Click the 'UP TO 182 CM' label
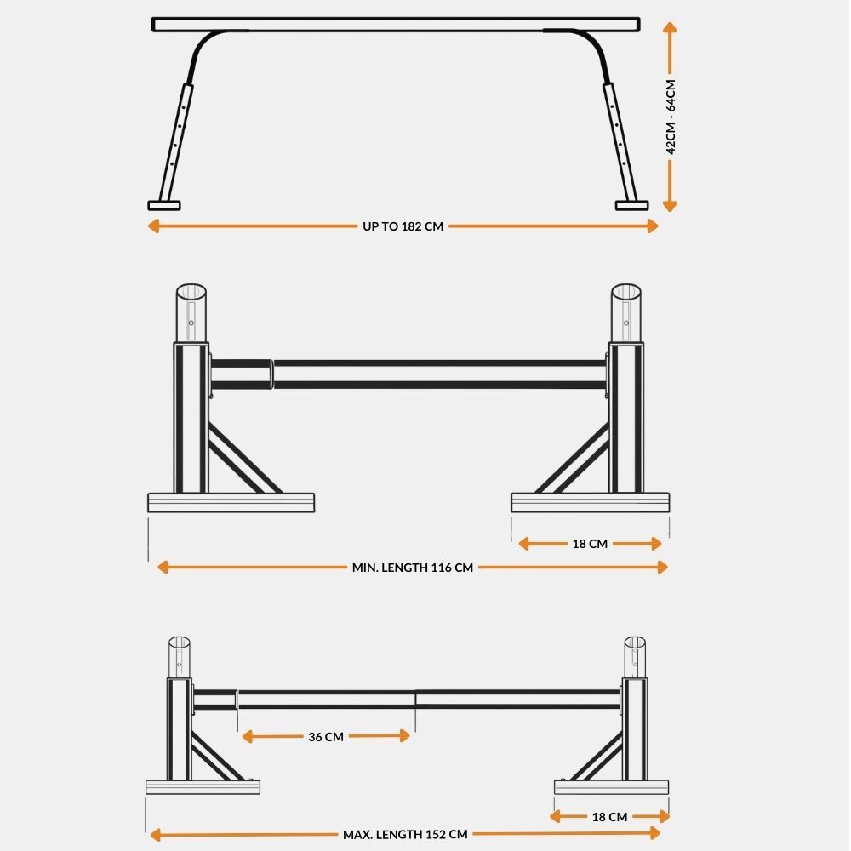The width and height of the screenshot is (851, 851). (403, 226)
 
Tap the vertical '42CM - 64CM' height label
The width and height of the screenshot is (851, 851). (671, 117)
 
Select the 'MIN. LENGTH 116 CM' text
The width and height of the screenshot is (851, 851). (413, 568)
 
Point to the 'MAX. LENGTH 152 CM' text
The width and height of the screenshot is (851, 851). (405, 834)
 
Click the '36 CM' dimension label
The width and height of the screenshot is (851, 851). (326, 736)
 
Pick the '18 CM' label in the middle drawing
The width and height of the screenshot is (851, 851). (590, 544)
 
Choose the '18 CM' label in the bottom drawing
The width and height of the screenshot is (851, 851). (609, 816)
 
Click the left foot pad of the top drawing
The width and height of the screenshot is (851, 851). (164, 205)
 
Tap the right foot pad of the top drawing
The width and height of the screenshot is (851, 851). (631, 205)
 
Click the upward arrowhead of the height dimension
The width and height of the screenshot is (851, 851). (670, 28)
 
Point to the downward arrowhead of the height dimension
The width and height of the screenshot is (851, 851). (670, 205)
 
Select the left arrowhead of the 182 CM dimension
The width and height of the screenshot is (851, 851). (153, 226)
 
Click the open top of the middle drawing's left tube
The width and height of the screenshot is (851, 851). (191, 291)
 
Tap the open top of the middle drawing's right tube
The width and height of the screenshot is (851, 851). (625, 291)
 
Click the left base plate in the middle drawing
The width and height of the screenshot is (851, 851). (231, 503)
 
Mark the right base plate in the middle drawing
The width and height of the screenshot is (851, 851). (590, 503)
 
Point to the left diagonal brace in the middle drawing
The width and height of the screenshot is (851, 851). (243, 458)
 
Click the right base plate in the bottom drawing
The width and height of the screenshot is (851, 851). (611, 787)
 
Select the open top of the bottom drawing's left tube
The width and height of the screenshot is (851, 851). (179, 642)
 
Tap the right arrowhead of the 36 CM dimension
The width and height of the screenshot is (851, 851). (404, 736)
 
